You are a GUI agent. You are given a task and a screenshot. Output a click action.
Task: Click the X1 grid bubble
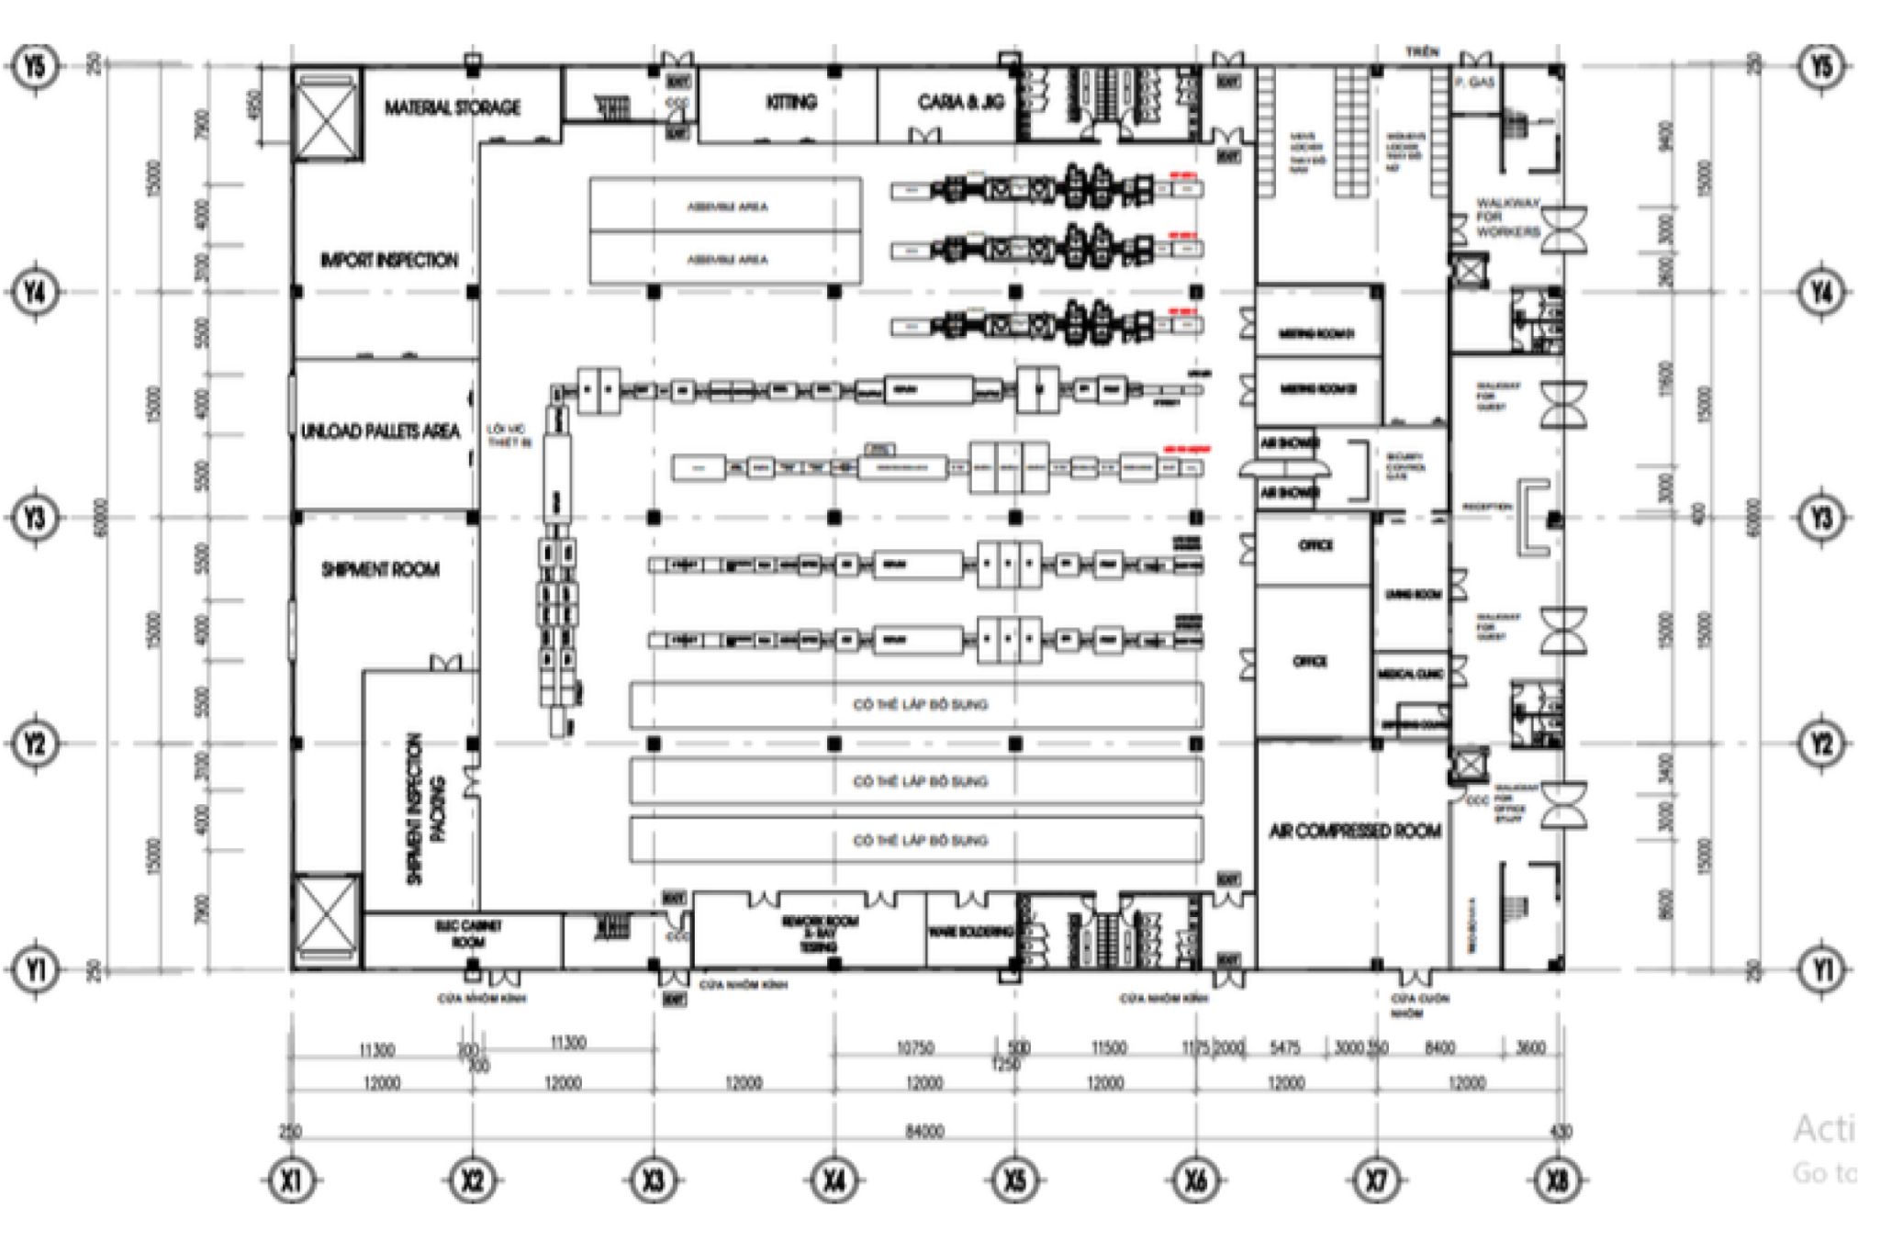(291, 1180)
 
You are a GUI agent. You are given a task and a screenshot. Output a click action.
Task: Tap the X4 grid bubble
(834, 1180)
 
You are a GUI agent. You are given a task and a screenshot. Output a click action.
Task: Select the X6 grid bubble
(1196, 1180)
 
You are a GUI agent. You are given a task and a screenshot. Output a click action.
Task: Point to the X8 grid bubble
(1558, 1180)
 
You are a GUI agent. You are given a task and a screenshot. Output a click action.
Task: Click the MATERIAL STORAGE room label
(452, 108)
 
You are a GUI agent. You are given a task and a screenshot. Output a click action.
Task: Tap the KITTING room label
(790, 102)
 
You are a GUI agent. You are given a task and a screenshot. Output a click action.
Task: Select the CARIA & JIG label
(960, 102)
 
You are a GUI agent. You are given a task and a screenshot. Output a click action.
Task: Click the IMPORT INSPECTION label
(388, 261)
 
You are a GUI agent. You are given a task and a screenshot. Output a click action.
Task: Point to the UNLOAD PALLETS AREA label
(380, 431)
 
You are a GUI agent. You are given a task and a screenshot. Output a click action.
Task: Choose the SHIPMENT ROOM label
(380, 570)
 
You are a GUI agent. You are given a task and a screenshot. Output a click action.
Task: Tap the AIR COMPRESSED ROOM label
(1354, 831)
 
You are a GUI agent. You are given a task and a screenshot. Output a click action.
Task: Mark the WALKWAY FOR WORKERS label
(1507, 218)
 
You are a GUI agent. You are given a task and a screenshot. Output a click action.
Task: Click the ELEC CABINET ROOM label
(468, 934)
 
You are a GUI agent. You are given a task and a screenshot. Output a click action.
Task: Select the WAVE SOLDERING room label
(970, 932)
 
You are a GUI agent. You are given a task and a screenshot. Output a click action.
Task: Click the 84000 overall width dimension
(923, 1132)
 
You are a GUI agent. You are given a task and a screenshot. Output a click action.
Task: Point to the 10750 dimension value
(914, 1048)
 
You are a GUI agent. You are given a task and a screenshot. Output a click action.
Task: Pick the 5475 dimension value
(1284, 1048)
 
